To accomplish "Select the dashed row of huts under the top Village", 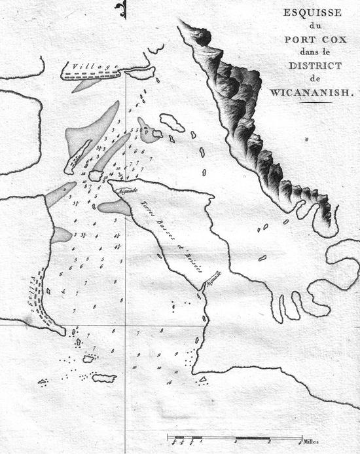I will click(x=92, y=77).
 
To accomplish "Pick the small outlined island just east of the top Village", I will click(x=140, y=73).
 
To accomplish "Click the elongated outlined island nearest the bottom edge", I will click(x=104, y=378).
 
